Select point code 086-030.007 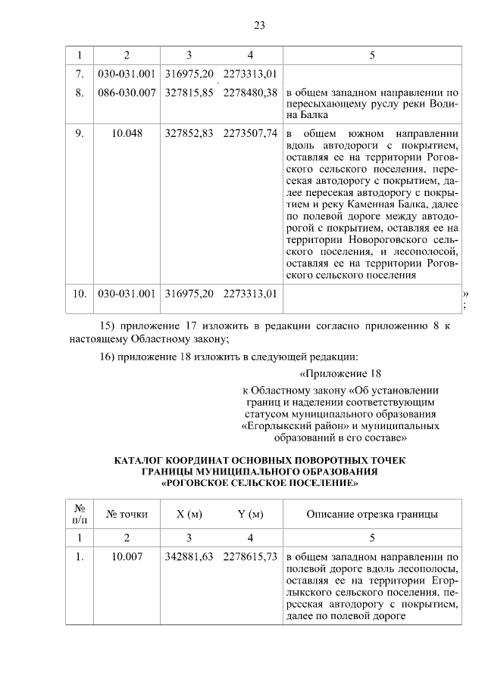pyautogui.click(x=127, y=92)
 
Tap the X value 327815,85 pyautogui.click(x=189, y=92)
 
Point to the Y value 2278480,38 pyautogui.click(x=250, y=92)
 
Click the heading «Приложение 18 pyautogui.click(x=339, y=374)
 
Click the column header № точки pyautogui.click(x=127, y=515)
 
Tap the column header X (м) pyautogui.click(x=189, y=515)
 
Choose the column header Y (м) pyautogui.click(x=250, y=515)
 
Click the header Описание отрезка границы pyautogui.click(x=371, y=515)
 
